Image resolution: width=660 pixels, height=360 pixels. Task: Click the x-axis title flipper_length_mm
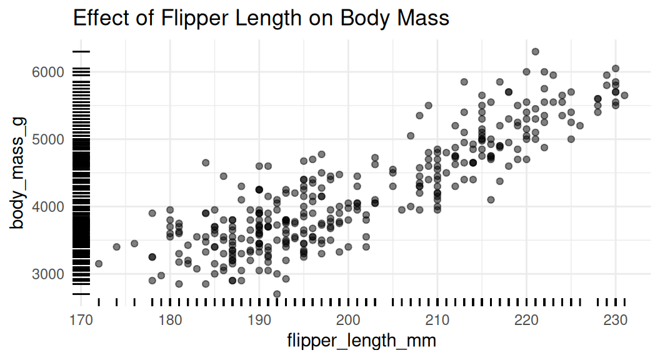click(361, 341)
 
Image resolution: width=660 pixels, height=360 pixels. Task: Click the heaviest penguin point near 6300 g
click(535, 52)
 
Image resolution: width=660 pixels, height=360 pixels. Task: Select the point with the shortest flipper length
click(99, 264)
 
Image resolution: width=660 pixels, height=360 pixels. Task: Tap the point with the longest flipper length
click(624, 95)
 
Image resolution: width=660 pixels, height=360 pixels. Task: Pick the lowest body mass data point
click(277, 294)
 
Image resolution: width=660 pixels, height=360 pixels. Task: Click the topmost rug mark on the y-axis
click(81, 51)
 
